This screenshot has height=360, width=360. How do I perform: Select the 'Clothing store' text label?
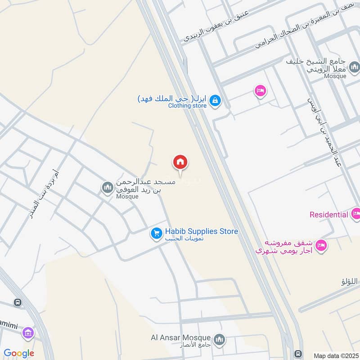(187, 106)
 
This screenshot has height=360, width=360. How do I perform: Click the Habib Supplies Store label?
(201, 231)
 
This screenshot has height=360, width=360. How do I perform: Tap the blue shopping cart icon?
(156, 234)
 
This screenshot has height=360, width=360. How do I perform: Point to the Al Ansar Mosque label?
(181, 337)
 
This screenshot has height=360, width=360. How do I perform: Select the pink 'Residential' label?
(329, 215)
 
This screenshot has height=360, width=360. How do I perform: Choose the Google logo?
(19, 354)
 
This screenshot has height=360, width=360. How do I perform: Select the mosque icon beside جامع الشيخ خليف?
(355, 67)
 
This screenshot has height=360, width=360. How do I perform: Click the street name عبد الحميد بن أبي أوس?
(324, 135)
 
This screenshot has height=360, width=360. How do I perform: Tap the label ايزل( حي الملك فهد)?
(172, 98)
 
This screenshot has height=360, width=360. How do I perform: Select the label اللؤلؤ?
(350, 282)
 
